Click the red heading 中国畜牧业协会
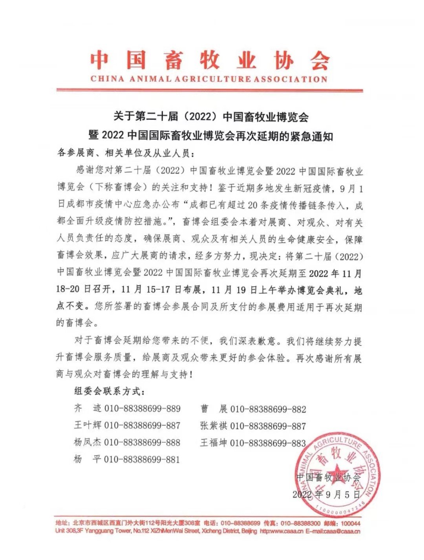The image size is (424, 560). (x=209, y=60)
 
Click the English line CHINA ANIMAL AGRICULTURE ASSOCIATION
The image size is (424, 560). (x=209, y=79)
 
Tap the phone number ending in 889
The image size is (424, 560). (x=142, y=409)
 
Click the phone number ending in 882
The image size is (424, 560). (x=268, y=409)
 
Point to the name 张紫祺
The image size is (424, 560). (x=214, y=426)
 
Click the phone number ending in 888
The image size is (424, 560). (x=142, y=442)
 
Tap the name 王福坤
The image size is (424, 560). (x=214, y=443)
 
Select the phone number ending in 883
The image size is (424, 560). (x=268, y=443)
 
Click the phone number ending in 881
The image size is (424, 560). (x=142, y=459)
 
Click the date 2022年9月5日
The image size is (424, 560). (x=326, y=495)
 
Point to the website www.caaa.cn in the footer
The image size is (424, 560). (x=285, y=531)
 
